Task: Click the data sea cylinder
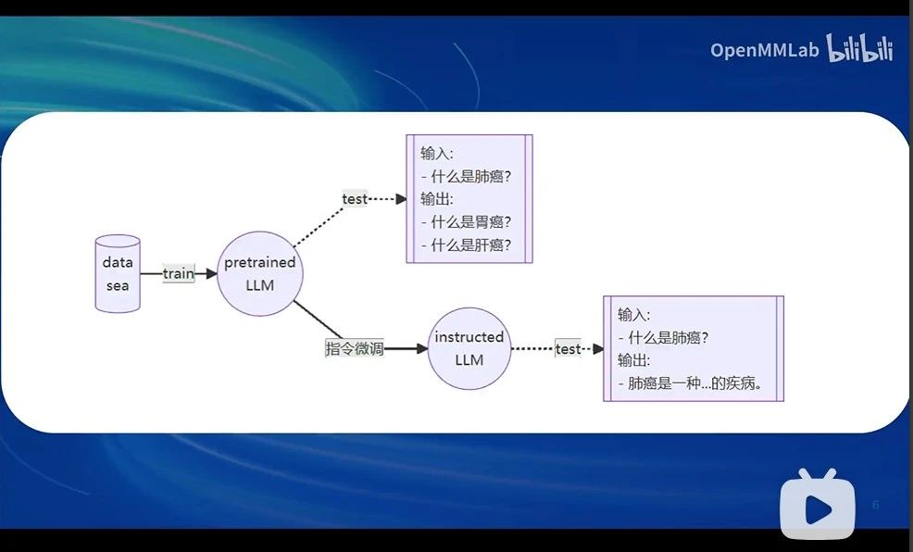[x=118, y=273]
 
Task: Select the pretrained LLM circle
[x=259, y=273]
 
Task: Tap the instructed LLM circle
[x=469, y=348]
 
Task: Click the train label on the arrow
[x=179, y=273]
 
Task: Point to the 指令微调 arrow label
[x=354, y=348]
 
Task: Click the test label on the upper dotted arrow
[x=355, y=198]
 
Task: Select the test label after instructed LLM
[x=568, y=349]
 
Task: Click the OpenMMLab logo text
[x=765, y=50]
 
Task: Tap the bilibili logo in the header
[x=860, y=49]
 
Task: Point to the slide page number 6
[x=875, y=505]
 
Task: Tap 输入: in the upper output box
[x=437, y=153]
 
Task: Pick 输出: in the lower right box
[x=634, y=360]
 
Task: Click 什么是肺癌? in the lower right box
[x=669, y=337]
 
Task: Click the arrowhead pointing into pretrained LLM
[x=211, y=273]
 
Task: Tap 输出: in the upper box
[x=437, y=199]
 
